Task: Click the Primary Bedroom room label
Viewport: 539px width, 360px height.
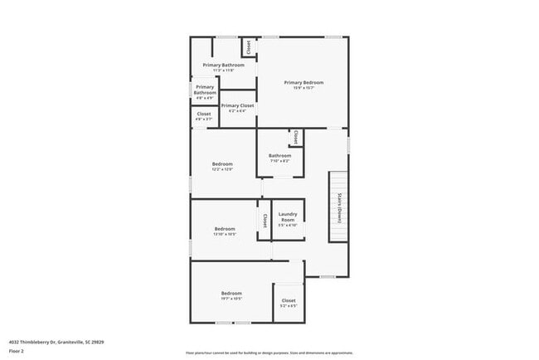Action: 303,82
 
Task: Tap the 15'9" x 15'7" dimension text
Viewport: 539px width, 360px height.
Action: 303,89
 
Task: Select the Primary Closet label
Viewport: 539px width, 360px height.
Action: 237,105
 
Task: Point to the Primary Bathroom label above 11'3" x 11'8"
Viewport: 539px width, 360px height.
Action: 224,65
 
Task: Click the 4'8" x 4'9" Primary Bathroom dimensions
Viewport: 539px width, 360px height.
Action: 205,99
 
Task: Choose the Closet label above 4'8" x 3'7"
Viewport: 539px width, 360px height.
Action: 204,114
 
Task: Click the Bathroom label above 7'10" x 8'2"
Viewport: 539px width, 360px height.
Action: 279,155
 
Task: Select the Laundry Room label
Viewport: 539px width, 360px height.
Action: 288,216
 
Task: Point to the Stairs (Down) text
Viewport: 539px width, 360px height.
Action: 339,208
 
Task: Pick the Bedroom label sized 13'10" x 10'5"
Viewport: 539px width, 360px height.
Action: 225,228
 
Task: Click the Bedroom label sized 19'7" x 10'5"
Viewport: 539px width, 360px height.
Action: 231,293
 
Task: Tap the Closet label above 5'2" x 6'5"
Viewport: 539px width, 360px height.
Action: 288,300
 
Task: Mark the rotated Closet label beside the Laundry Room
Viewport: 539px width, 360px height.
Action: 265,221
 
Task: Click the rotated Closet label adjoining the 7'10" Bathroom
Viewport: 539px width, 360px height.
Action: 294,137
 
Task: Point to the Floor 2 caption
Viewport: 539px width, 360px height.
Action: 16,351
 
